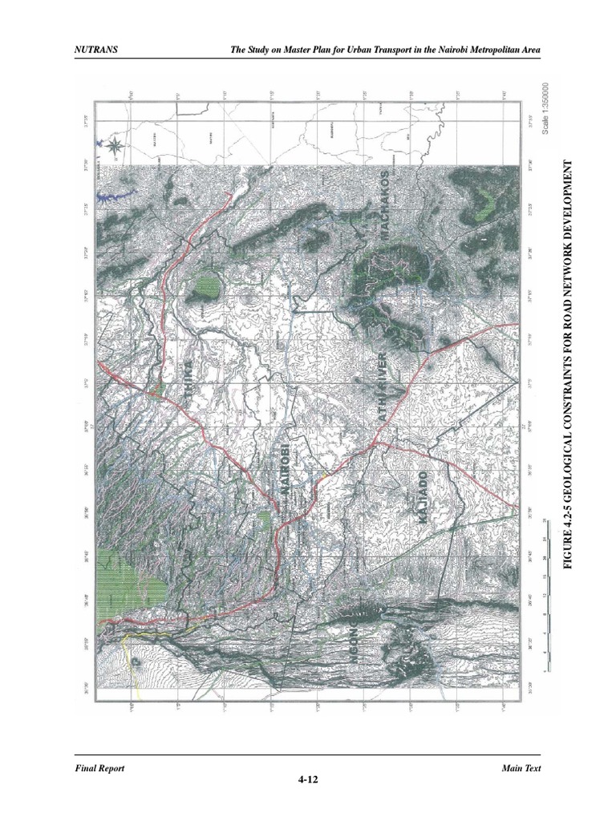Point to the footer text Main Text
click(521, 767)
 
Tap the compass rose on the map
click(114, 146)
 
